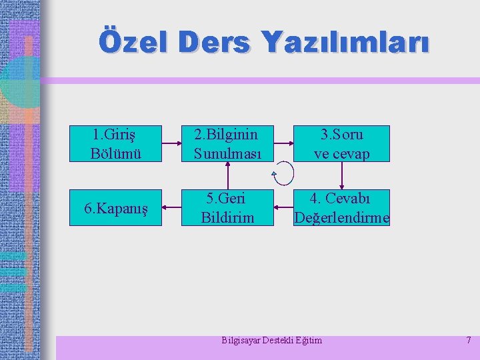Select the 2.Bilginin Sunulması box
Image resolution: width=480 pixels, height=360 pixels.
pos(229,143)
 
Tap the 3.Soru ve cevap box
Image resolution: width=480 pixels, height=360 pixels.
pos(342,143)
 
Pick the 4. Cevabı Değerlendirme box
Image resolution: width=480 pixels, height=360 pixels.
pos(342,208)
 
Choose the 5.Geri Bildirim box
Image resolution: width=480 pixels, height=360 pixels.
pos(229,208)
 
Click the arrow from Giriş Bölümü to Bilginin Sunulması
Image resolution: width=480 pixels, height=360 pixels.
pos(172,143)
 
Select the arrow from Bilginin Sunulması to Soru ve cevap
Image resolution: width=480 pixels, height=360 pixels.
pos(285,143)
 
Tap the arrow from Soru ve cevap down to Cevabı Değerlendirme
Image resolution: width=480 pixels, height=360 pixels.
pos(342,176)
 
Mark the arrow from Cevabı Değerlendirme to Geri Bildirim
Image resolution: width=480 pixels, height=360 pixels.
pos(285,207)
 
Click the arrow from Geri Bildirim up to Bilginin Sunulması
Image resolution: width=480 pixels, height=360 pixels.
pos(229,176)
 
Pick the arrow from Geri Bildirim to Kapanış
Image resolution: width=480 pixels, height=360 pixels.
pos(172,207)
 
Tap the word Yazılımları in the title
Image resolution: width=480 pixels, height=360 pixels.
pos(345,43)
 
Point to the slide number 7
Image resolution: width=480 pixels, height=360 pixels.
pos(468,341)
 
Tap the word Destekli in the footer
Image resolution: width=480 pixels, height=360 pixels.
pos(280,341)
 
